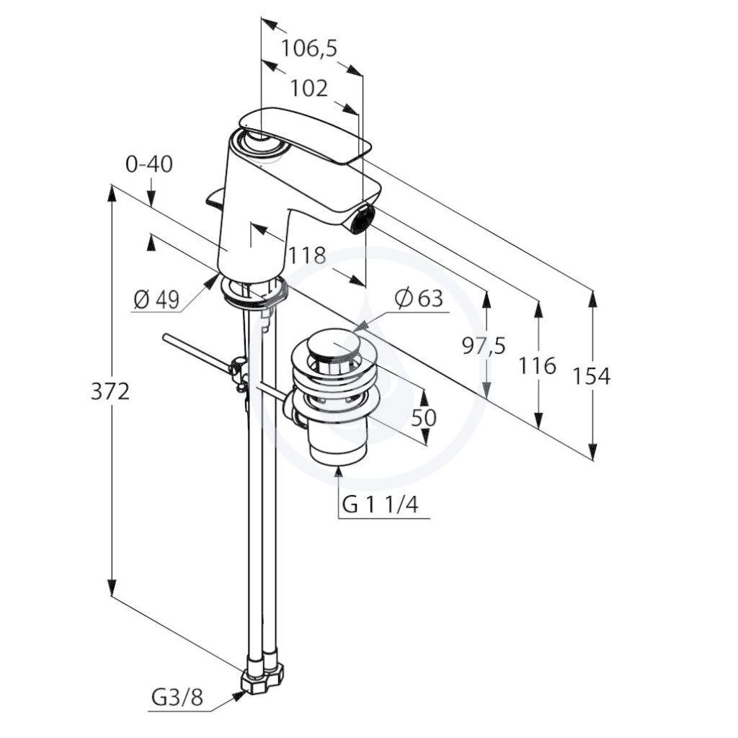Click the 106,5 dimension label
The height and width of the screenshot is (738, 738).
click(309, 48)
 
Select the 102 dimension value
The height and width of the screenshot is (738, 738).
click(308, 88)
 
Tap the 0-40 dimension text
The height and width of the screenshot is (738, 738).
click(149, 164)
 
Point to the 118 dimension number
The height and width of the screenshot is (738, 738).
click(307, 256)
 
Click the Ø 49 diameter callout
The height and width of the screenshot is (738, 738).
click(156, 299)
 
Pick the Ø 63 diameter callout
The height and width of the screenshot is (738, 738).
click(419, 298)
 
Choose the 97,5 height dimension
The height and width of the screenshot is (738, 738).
click(484, 347)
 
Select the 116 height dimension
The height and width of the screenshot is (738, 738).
click(537, 365)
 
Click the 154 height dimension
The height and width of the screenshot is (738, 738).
click(591, 376)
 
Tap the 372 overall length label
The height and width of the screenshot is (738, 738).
click(110, 391)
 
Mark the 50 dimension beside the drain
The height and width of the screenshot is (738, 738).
click(424, 417)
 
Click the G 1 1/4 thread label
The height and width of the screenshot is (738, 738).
click(381, 505)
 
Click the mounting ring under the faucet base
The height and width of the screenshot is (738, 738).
click(254, 293)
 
